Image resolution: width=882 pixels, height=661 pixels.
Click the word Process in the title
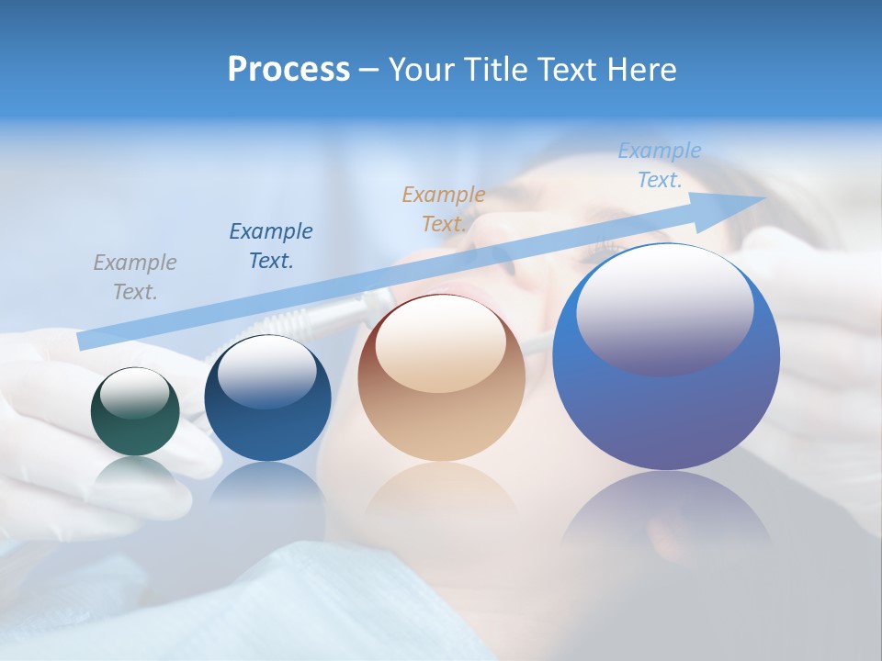pyautogui.click(x=288, y=70)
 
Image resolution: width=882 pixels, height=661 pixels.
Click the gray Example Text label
pyautogui.click(x=135, y=276)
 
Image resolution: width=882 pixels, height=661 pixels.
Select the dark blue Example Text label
pyautogui.click(x=271, y=245)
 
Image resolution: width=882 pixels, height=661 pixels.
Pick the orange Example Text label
pyautogui.click(x=444, y=208)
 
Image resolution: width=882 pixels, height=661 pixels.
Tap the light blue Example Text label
pyautogui.click(x=660, y=164)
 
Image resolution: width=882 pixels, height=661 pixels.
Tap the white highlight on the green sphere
pyautogui.click(x=135, y=393)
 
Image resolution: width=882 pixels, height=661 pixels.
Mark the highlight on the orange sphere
pyautogui.click(x=440, y=343)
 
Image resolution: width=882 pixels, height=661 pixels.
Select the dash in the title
pyautogui.click(x=367, y=70)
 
